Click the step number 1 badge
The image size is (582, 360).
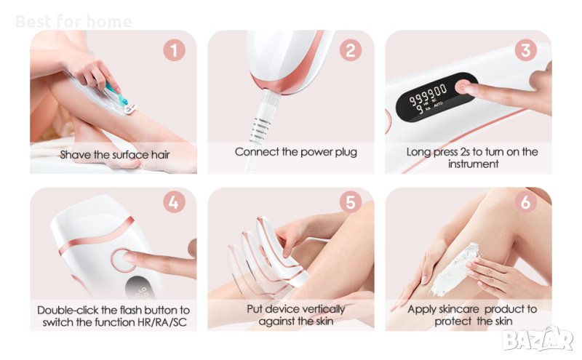[174, 50]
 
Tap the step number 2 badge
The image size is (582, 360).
[351, 50]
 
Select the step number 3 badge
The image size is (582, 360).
[525, 50]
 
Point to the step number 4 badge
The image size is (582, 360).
[174, 202]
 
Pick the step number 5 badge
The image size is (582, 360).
[351, 202]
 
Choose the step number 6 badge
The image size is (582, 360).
[525, 202]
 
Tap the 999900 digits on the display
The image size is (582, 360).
[428, 95]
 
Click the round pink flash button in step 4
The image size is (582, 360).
[123, 260]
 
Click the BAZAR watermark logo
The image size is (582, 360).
[538, 339]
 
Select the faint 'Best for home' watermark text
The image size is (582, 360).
[73, 22]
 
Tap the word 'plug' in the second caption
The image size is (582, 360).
[346, 152]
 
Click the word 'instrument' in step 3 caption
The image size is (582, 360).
[474, 164]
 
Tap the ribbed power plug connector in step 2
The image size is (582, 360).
[263, 117]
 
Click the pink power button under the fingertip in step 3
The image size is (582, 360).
[462, 87]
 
